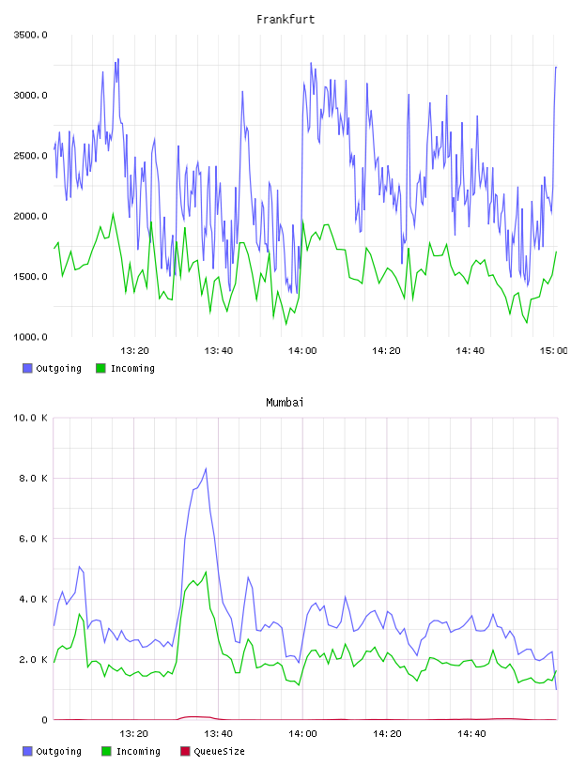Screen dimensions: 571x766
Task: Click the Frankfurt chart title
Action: click(x=285, y=20)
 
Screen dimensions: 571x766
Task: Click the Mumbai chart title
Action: click(x=285, y=403)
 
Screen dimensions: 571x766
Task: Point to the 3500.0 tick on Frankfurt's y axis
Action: click(x=30, y=35)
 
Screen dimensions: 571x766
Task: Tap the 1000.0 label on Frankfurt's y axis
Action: click(x=30, y=337)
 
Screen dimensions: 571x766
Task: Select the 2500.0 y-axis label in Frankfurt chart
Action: click(x=30, y=156)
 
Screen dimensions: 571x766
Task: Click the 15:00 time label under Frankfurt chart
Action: click(x=554, y=350)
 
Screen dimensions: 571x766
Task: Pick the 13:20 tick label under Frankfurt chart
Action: click(x=134, y=350)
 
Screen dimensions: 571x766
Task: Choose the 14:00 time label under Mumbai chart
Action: click(x=302, y=733)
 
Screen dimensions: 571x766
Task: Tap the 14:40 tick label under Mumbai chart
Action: click(x=471, y=733)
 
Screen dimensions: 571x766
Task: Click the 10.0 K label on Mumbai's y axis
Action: click(x=30, y=418)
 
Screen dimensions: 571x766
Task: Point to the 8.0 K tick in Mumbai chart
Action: click(x=33, y=478)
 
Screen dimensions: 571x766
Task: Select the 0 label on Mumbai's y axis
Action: click(x=44, y=720)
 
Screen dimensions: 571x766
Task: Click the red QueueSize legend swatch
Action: click(x=185, y=751)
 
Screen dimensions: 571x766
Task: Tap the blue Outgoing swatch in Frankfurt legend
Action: click(x=27, y=368)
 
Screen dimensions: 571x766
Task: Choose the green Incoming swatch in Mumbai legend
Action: click(x=106, y=751)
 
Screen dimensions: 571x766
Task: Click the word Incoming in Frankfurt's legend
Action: click(x=132, y=368)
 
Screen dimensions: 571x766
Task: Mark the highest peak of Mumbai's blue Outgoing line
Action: click(x=206, y=469)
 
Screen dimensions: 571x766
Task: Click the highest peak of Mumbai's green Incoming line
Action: click(x=206, y=572)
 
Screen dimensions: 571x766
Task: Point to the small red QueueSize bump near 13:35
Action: click(x=195, y=717)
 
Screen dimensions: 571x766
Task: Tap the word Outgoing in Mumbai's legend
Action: click(x=58, y=751)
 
